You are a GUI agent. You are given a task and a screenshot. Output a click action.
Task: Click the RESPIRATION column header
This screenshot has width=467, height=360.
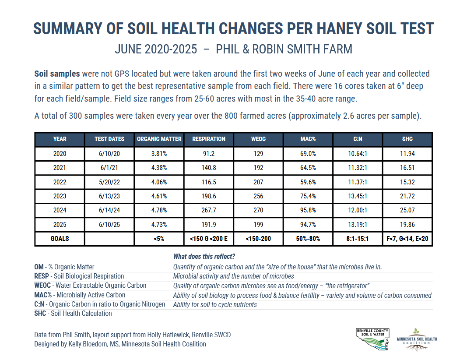pos(209,139)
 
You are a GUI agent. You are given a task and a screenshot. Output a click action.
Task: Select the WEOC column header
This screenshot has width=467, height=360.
pos(258,139)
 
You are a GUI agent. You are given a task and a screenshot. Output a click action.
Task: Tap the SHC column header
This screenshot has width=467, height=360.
pos(407,139)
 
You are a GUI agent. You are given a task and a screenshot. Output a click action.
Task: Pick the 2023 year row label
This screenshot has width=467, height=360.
pos(60,197)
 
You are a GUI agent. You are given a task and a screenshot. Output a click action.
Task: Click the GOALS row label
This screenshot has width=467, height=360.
pos(60,239)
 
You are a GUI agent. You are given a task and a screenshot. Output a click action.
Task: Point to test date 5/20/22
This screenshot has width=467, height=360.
pos(109,182)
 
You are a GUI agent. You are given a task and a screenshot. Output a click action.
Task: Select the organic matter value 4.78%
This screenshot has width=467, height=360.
pos(159,210)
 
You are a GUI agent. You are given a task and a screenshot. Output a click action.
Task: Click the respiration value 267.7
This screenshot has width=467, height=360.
pos(209,210)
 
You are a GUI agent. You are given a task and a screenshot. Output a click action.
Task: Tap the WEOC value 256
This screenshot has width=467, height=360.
pos(258,197)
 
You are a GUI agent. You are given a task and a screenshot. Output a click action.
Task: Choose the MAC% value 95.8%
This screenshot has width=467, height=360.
pos(308,210)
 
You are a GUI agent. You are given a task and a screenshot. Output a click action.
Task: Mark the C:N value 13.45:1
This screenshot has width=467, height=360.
pos(358,197)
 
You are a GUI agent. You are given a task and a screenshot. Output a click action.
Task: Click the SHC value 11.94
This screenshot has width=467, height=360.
pos(407,154)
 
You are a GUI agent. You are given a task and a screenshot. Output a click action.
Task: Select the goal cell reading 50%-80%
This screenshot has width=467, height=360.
pos(308,239)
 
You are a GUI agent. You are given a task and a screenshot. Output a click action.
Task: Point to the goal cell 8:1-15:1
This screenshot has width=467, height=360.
pos(358,239)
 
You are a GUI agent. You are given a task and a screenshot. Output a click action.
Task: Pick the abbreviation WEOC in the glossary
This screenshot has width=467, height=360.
pos(43,286)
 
